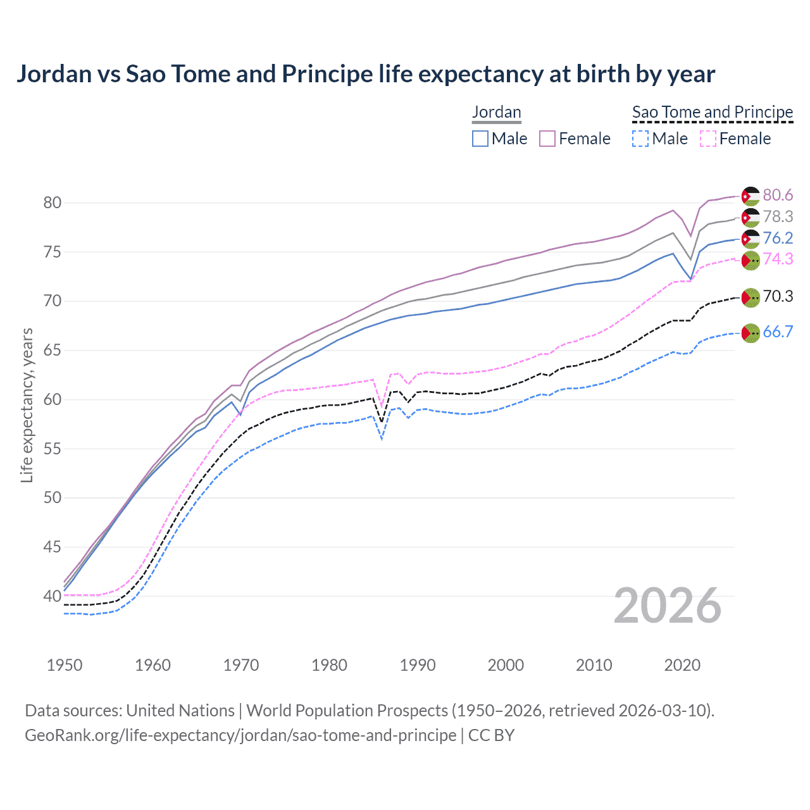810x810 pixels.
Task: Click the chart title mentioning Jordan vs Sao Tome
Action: pyautogui.click(x=366, y=74)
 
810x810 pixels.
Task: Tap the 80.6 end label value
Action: pyautogui.click(x=778, y=195)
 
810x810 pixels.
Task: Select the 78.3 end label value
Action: pyautogui.click(x=778, y=216)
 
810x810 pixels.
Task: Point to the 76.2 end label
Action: pyautogui.click(x=778, y=238)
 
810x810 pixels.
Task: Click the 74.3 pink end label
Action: pyautogui.click(x=778, y=259)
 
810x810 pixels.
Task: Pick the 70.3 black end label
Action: pyautogui.click(x=778, y=296)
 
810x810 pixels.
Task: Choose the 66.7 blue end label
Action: pyautogui.click(x=778, y=332)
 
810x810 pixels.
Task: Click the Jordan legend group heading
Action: pyautogui.click(x=497, y=112)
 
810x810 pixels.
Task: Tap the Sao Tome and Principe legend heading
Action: pyautogui.click(x=713, y=112)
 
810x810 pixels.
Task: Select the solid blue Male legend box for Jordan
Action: pyautogui.click(x=480, y=139)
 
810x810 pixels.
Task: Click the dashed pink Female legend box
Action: pyautogui.click(x=708, y=139)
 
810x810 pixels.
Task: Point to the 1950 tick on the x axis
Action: pyautogui.click(x=65, y=665)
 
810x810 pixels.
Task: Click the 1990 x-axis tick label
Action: pyautogui.click(x=418, y=665)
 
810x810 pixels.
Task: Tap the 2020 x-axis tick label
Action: pyautogui.click(x=682, y=665)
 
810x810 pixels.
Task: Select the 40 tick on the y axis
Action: pyautogui.click(x=53, y=596)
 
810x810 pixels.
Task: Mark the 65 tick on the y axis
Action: pyautogui.click(x=53, y=351)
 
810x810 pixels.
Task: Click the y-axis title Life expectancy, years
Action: pyautogui.click(x=27, y=405)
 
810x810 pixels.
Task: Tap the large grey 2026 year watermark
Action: pyautogui.click(x=668, y=606)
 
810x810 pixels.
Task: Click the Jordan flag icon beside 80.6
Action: pyautogui.click(x=751, y=196)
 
